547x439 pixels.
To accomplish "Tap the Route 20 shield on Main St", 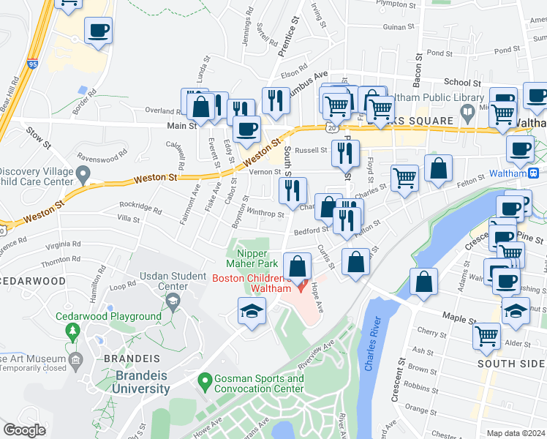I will click(x=332, y=127).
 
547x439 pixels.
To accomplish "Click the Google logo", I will click(x=24, y=430).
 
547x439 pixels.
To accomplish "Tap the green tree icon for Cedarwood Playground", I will click(x=72, y=331).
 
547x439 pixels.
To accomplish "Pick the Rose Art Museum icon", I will click(x=75, y=360).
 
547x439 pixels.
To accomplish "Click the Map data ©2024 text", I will click(x=516, y=433).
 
